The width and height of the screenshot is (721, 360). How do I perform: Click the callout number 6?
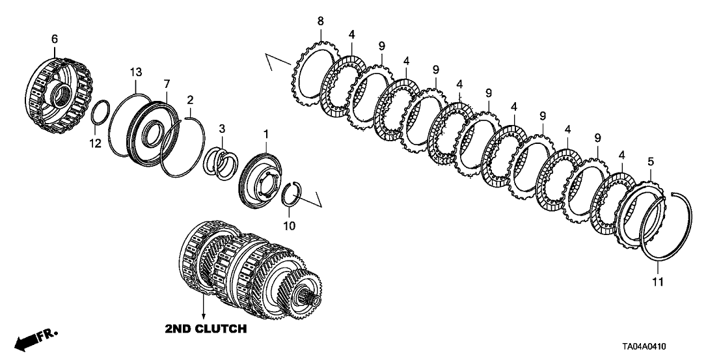pos(54,40)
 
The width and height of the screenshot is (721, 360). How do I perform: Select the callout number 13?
pos(135,71)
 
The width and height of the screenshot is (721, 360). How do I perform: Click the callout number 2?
pos(190,100)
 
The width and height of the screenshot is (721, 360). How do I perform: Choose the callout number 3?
pos(221,128)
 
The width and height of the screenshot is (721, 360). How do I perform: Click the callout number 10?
pos(289,226)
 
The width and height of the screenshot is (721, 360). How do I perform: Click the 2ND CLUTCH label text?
pos(206,329)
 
